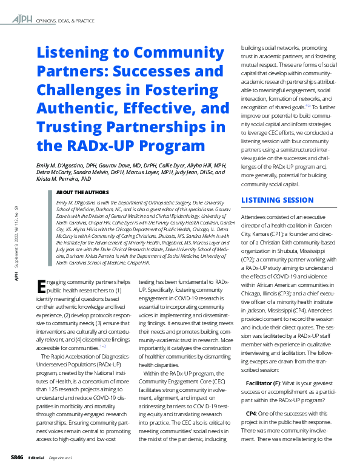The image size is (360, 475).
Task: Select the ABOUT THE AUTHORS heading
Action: pyautogui.click(x=82, y=192)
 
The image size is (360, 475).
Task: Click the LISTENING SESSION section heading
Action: pyautogui.click(x=278, y=200)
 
